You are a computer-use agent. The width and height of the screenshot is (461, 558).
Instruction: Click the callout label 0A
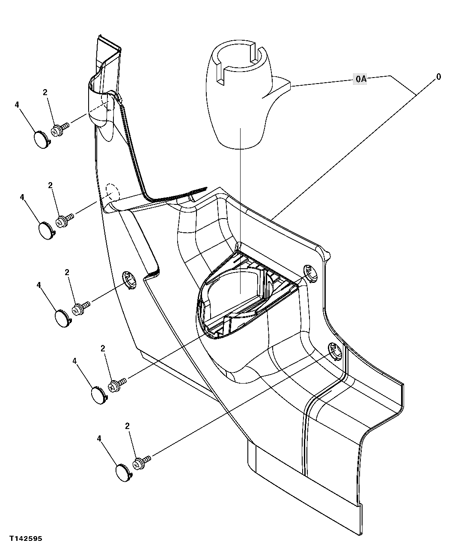[x=361, y=79]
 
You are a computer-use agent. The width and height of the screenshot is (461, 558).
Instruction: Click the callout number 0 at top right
[x=438, y=77]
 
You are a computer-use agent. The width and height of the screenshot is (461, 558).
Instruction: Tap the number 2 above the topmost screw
[x=45, y=92]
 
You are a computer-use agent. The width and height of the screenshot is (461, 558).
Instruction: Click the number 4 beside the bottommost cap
[x=99, y=438]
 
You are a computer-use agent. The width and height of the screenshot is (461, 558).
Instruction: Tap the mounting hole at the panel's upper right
[x=311, y=273]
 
